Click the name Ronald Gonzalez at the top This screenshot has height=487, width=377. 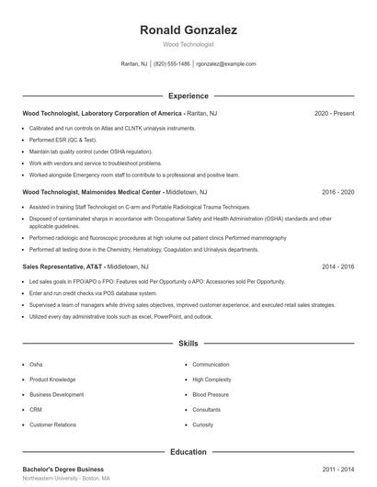[x=188, y=30]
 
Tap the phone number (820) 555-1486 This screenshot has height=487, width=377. [x=172, y=64]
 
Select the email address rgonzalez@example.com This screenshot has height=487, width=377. [x=226, y=64]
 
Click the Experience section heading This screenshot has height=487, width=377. [x=188, y=96]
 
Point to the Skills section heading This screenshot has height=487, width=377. [x=188, y=344]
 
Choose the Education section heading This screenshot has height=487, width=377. [x=188, y=452]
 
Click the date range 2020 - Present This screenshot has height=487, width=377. [x=334, y=114]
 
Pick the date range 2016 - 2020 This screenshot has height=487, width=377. [x=337, y=192]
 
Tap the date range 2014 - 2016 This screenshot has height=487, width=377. [x=337, y=266]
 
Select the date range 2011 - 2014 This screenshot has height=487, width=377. [x=337, y=470]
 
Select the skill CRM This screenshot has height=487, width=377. [x=36, y=409]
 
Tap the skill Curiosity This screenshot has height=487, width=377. [x=203, y=425]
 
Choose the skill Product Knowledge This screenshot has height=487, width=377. [x=52, y=379]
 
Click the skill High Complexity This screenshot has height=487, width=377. [x=211, y=379]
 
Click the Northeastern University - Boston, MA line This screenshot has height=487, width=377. [x=66, y=479]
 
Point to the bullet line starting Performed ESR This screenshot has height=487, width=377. [x=63, y=139]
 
